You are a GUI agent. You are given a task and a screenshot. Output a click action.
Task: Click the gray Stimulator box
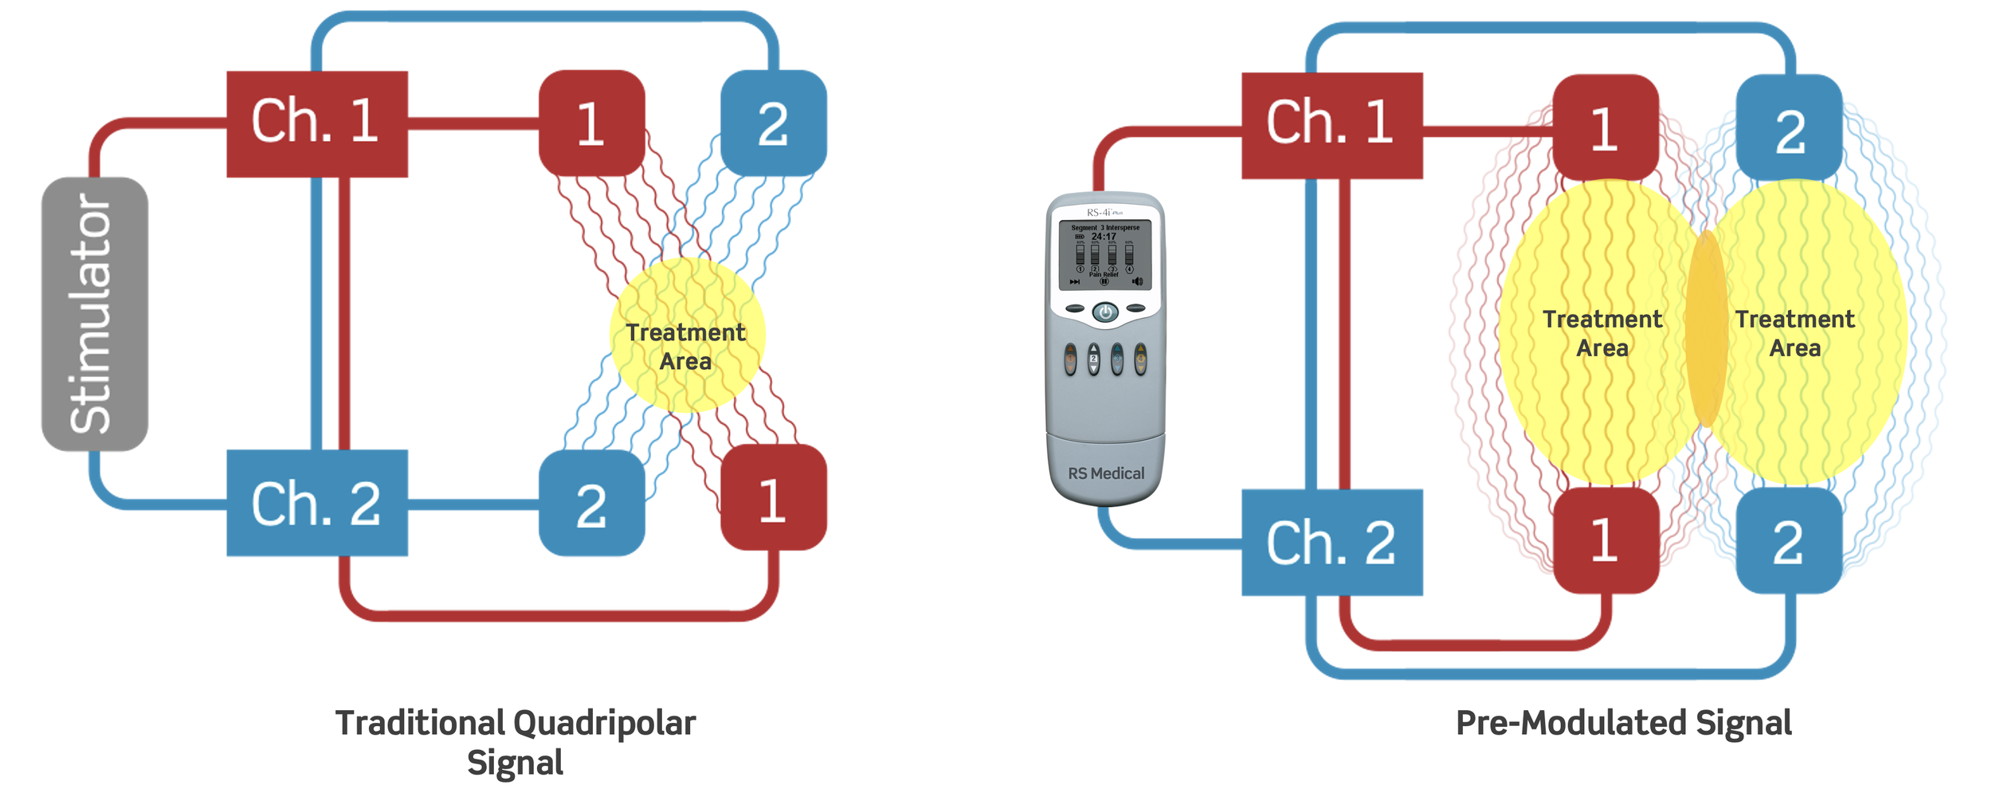click(94, 313)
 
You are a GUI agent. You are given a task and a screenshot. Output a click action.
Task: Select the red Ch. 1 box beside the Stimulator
click(317, 124)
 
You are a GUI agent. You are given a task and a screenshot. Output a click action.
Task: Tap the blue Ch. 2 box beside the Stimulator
click(317, 503)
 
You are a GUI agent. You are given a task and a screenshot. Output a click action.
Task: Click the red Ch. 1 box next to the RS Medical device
click(1331, 125)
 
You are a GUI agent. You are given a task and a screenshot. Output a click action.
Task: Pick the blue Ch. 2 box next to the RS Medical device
click(1331, 542)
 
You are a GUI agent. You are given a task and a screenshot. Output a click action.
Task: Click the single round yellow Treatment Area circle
click(687, 335)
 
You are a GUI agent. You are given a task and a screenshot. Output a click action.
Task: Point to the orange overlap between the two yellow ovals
click(1706, 328)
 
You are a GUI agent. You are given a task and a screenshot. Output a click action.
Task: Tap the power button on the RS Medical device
click(1105, 312)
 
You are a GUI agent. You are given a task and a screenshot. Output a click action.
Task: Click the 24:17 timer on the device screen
click(1104, 237)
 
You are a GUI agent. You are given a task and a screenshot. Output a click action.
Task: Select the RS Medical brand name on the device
click(1106, 473)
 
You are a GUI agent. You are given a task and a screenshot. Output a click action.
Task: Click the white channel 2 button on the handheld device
click(1093, 359)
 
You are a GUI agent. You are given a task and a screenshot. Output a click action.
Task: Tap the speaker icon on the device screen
click(1137, 281)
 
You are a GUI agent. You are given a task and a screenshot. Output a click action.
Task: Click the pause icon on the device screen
click(1104, 281)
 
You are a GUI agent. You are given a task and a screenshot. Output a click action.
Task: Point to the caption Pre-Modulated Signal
click(1623, 723)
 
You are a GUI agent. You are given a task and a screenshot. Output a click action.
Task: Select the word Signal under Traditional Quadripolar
click(515, 763)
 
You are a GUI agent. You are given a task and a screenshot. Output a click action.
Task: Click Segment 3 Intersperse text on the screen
click(1104, 228)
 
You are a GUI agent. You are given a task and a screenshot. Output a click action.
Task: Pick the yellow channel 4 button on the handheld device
click(1140, 359)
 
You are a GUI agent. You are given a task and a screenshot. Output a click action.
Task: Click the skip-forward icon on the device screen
click(1074, 281)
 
